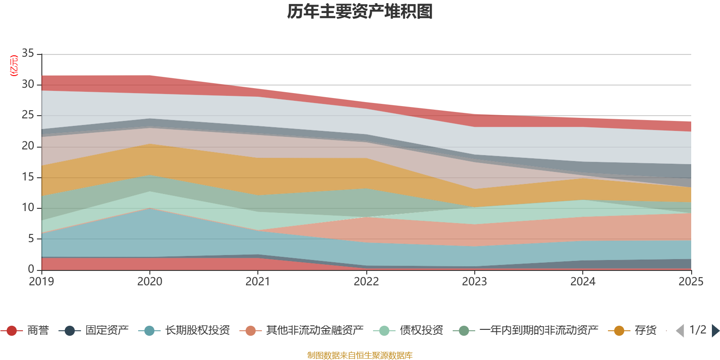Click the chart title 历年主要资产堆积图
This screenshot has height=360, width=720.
click(x=360, y=12)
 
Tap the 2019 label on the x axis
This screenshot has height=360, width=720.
click(x=41, y=282)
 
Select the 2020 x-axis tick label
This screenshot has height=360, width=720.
click(x=149, y=282)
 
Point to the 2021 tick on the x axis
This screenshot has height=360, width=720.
click(x=258, y=282)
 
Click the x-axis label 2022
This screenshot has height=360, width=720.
click(x=366, y=282)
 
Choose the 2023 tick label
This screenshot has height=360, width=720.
click(x=474, y=282)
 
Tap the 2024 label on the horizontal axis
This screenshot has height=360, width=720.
click(x=583, y=282)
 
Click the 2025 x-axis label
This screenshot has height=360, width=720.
click(x=691, y=282)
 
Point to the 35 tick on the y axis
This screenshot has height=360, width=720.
click(x=28, y=54)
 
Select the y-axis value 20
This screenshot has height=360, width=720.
click(x=28, y=146)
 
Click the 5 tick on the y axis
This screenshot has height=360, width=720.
click(x=31, y=238)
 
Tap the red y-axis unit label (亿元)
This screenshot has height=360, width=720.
click(x=14, y=66)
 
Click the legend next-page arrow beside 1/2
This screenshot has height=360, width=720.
click(x=715, y=331)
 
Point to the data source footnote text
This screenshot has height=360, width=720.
click(x=360, y=355)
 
